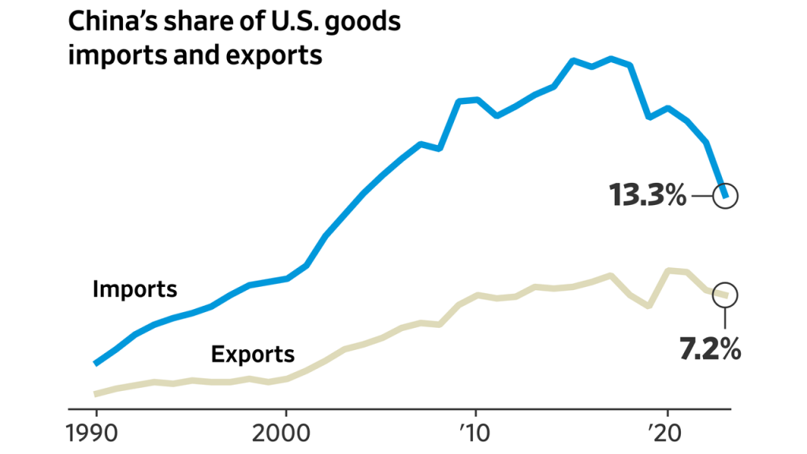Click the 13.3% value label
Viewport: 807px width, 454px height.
pos(647,195)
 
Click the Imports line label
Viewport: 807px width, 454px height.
pos(135,288)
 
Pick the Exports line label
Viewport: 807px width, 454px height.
pos(253,354)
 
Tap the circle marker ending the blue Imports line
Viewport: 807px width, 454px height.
pos(725,195)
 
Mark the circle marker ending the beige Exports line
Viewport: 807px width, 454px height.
pos(725,295)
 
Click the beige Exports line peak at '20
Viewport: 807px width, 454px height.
pos(668,270)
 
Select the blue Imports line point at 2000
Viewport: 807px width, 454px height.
pos(286,278)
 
